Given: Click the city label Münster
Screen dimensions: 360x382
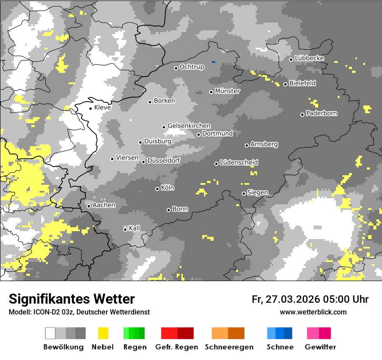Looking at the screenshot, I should click(227, 91).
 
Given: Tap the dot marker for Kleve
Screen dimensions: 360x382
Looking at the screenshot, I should click(90, 108).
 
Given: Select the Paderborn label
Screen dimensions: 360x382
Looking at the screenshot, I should click(321, 113).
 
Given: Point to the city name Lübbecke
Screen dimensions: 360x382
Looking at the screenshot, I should click(309, 58).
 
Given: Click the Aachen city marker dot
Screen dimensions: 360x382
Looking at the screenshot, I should click(89, 206).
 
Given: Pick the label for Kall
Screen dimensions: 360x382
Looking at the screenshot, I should click(134, 228).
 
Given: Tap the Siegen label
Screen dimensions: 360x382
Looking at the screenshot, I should click(257, 193).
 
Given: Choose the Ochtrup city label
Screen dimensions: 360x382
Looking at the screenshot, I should click(191, 67).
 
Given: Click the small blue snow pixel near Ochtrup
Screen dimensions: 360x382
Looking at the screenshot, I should click(214, 62).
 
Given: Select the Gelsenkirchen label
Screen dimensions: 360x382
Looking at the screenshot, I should click(189, 126).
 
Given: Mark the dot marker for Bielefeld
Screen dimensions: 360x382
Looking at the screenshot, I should click(285, 84).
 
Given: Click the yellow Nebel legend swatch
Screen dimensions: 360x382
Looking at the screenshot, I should click(103, 333).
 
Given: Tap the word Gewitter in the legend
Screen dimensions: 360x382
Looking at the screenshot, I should click(320, 347).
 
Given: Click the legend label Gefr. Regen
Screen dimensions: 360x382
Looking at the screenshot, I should click(176, 347).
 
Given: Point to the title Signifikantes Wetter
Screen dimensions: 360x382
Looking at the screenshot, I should click(72, 299).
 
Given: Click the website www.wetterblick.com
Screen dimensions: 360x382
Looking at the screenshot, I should click(313, 312).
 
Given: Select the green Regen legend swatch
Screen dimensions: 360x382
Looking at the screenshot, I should click(134, 333).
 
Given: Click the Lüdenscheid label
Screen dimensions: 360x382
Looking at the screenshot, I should click(239, 162).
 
